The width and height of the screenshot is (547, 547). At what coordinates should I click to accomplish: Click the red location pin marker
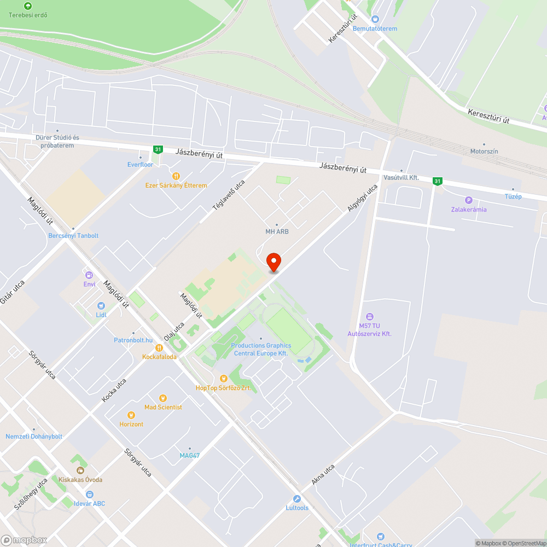pyautogui.click(x=273, y=262)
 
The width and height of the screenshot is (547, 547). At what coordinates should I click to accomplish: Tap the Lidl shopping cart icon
pyautogui.click(x=101, y=306)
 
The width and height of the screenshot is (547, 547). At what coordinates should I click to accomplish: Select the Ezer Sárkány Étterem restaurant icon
pyautogui.click(x=176, y=176)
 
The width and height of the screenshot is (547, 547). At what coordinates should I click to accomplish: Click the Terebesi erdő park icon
pyautogui.click(x=28, y=6)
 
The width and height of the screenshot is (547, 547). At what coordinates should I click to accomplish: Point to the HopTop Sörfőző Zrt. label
pyautogui.click(x=223, y=388)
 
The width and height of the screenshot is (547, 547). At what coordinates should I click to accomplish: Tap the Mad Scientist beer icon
pyautogui.click(x=162, y=398)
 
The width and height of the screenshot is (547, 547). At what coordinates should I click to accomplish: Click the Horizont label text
pyautogui.click(x=131, y=424)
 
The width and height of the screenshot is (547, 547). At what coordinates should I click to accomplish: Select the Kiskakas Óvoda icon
pyautogui.click(x=80, y=470)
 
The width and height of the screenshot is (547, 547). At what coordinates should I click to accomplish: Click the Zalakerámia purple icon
pyautogui.click(x=468, y=200)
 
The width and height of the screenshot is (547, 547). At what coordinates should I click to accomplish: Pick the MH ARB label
pyautogui.click(x=277, y=231)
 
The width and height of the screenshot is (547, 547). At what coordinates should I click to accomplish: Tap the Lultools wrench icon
pyautogui.click(x=297, y=499)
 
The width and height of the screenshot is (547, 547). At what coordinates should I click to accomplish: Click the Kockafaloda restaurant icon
pyautogui.click(x=159, y=347)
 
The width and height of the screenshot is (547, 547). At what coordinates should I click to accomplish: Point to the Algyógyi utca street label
pyautogui.click(x=362, y=198)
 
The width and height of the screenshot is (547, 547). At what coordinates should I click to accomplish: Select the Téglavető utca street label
pyautogui.click(x=229, y=195)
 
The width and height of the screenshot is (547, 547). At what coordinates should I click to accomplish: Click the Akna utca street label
pyautogui.click(x=323, y=475)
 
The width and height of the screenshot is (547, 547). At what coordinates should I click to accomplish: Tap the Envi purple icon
pyautogui.click(x=89, y=275)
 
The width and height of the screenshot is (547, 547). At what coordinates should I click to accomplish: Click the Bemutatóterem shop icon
pyautogui.click(x=375, y=19)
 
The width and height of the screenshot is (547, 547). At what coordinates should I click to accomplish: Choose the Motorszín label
pyautogui.click(x=484, y=152)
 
